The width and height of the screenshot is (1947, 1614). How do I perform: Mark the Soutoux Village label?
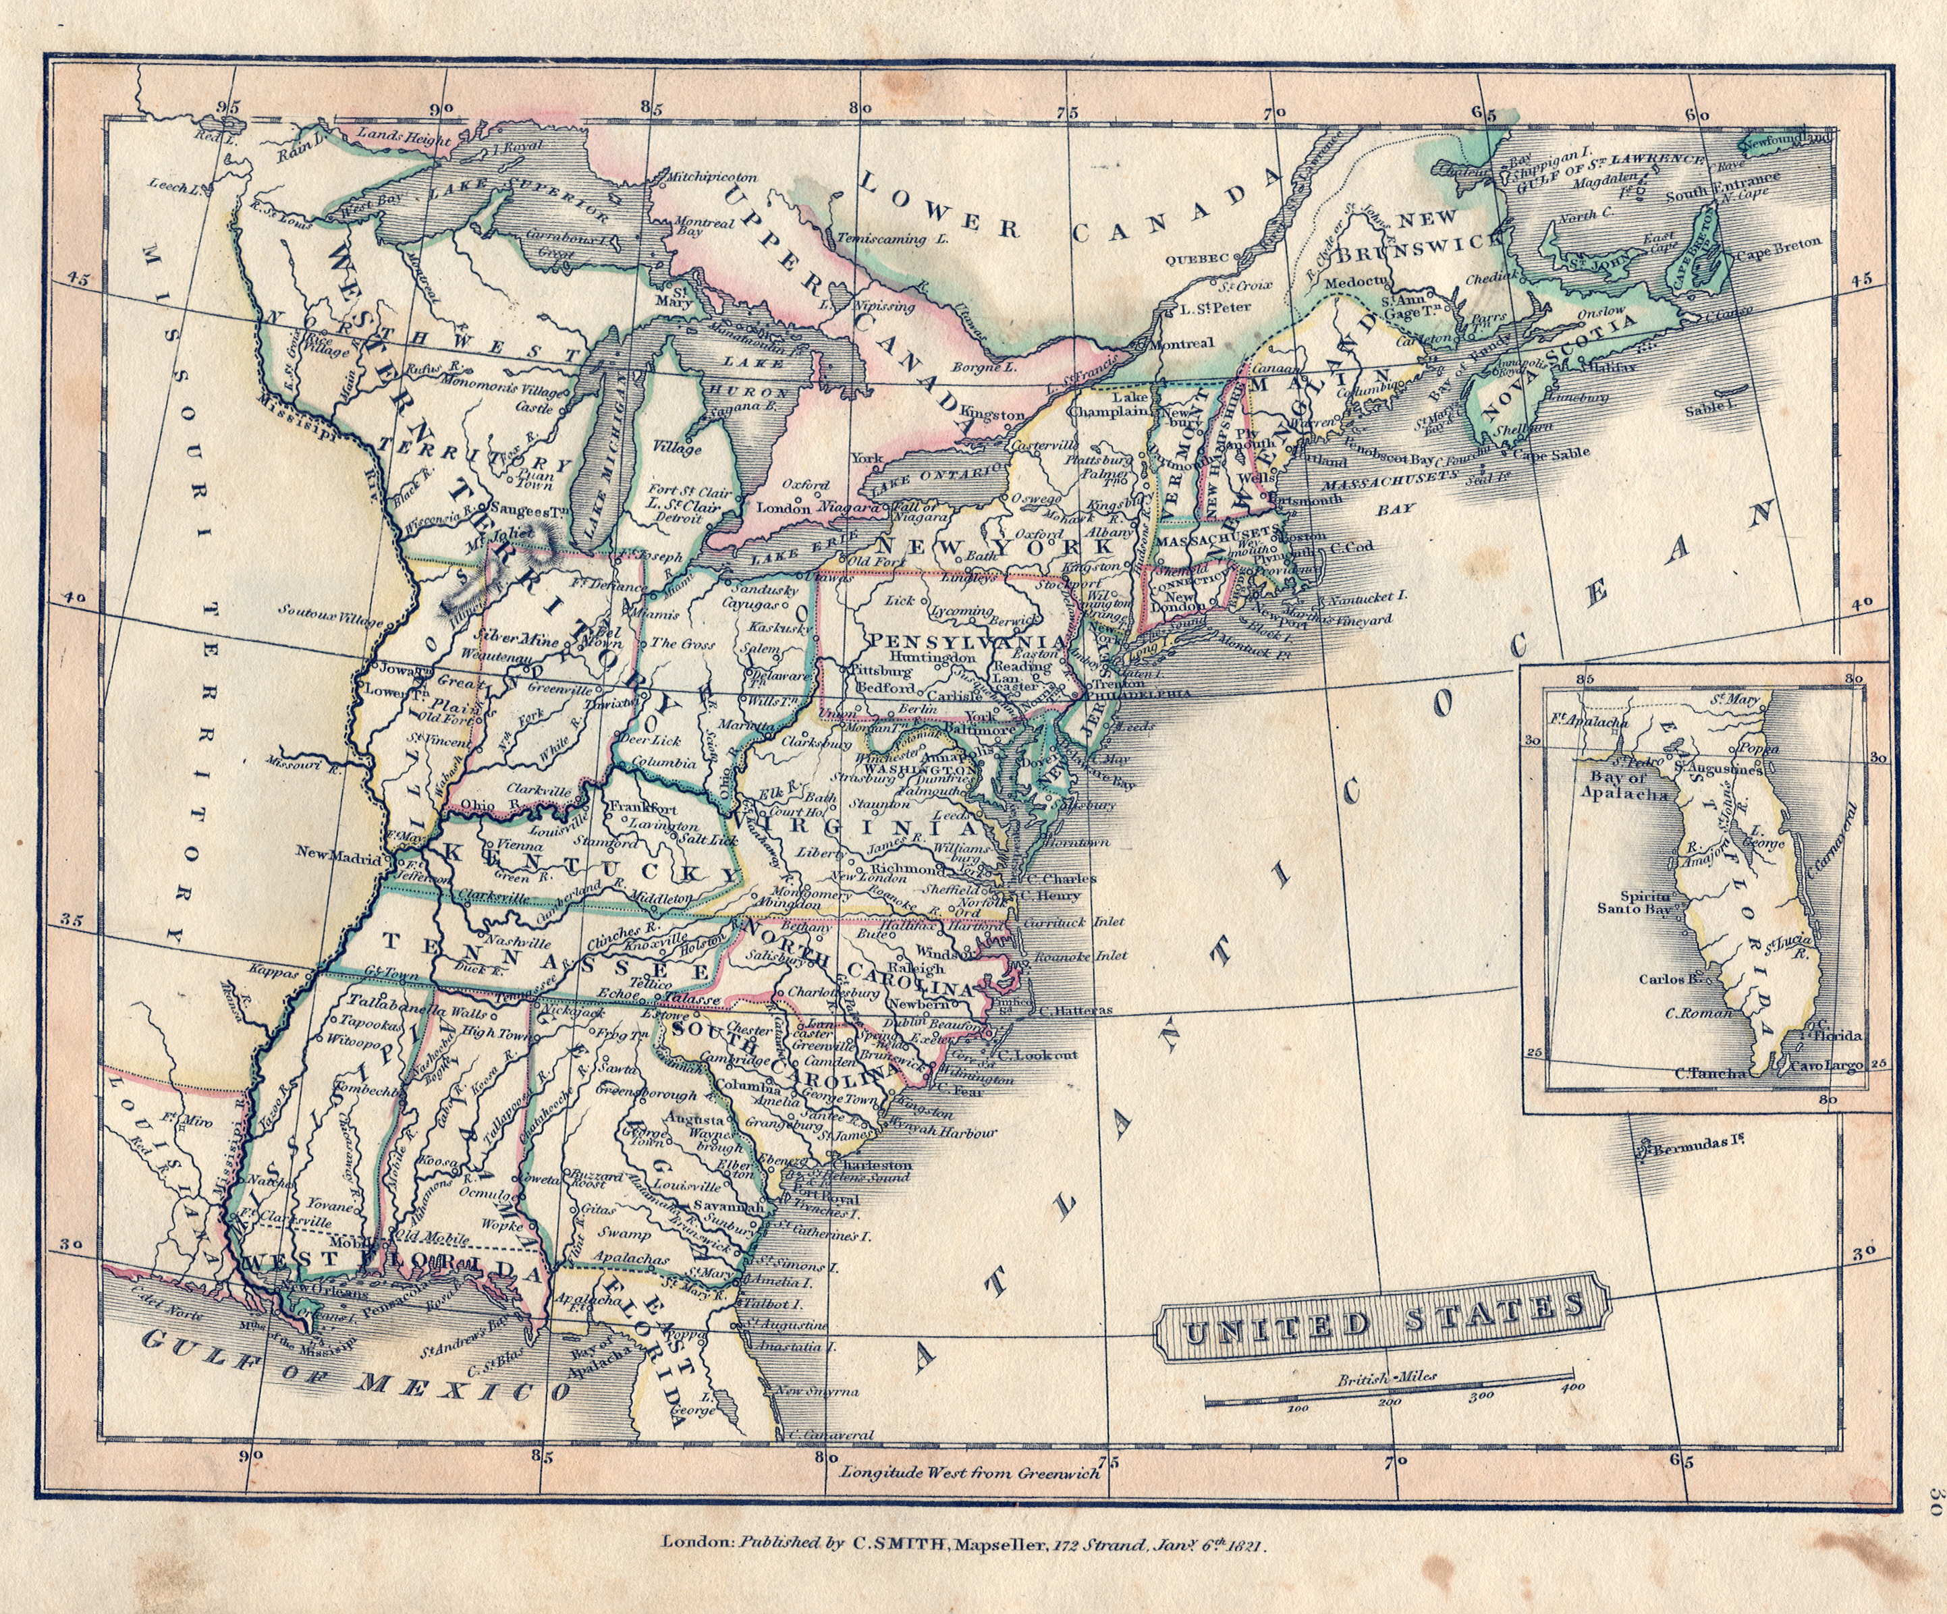(329, 610)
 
